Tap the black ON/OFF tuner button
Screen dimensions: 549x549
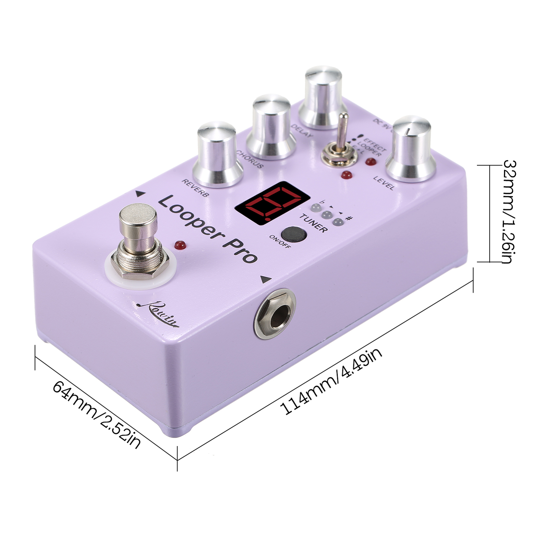tap(294, 234)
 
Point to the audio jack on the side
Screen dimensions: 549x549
tap(276, 314)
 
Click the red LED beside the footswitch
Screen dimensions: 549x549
tap(179, 245)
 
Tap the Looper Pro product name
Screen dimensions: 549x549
tap(207, 228)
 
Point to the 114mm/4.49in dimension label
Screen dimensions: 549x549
tap(331, 381)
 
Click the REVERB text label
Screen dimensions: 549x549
tap(195, 188)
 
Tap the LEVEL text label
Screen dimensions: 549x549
tap(384, 183)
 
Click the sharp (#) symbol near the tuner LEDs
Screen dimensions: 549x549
tap(350, 218)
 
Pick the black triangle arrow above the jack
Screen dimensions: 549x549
tap(265, 279)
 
